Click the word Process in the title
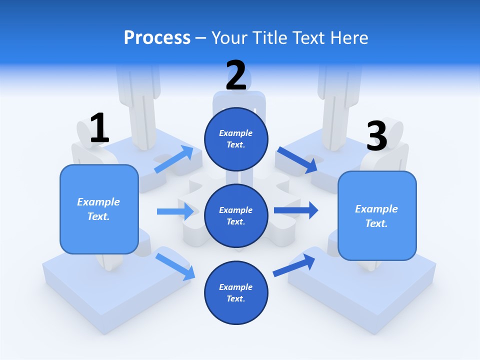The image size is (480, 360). [x=157, y=37]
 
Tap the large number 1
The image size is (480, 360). [x=99, y=128]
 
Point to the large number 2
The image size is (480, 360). [x=236, y=75]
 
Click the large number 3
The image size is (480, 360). [x=376, y=136]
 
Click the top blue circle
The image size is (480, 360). [x=236, y=139]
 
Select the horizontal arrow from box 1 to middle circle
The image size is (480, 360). [x=175, y=211]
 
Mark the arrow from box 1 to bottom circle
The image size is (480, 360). [x=175, y=266]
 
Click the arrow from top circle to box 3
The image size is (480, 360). [x=297, y=160]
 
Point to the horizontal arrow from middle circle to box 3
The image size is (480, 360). [x=296, y=210]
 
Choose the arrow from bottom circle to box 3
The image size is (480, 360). [x=294, y=265]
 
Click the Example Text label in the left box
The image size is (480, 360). [x=98, y=209]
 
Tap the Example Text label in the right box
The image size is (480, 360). [x=376, y=216]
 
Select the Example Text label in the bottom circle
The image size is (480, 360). [x=235, y=293]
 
